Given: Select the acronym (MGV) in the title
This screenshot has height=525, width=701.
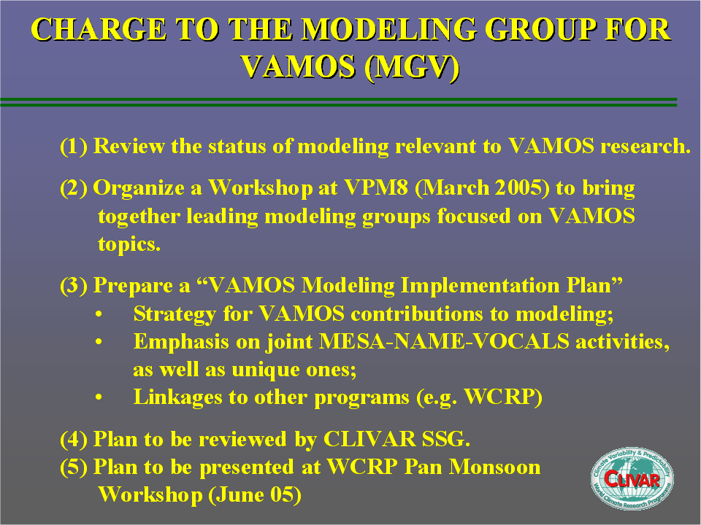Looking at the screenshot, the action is pyautogui.click(x=412, y=67).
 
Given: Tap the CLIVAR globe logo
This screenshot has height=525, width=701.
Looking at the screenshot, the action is pyautogui.click(x=632, y=478).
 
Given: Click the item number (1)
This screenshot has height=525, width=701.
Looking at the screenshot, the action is pyautogui.click(x=74, y=147).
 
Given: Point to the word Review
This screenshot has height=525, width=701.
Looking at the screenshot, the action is pyautogui.click(x=129, y=147).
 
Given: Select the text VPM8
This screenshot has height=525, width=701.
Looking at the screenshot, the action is pyautogui.click(x=376, y=187).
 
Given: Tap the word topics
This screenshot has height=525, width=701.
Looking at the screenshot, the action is pyautogui.click(x=129, y=245).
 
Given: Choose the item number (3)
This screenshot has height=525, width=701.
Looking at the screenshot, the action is pyautogui.click(x=74, y=286).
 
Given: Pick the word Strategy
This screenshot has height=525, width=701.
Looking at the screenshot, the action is pyautogui.click(x=175, y=314).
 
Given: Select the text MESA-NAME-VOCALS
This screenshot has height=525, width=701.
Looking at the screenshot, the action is pyautogui.click(x=444, y=341).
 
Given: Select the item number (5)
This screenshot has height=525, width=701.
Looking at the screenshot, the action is pyautogui.click(x=74, y=467).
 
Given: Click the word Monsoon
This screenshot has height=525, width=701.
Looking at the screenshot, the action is pyautogui.click(x=495, y=467).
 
